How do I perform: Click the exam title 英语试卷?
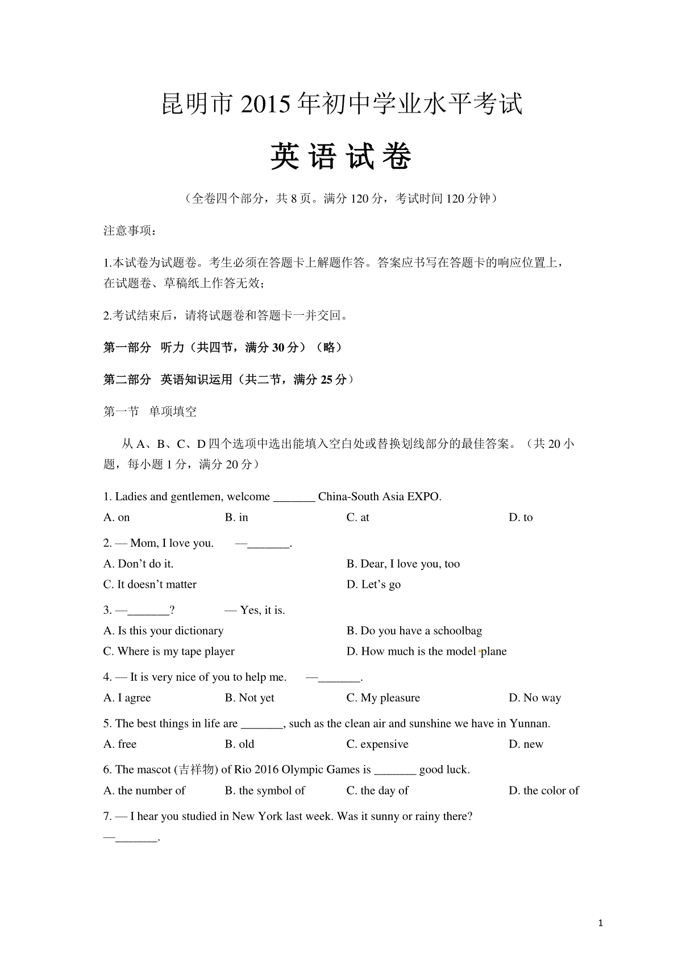coord(340,156)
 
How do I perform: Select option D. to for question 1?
coord(521,517)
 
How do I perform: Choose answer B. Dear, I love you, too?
coord(403,564)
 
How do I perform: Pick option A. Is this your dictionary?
coord(163,631)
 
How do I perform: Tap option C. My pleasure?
coord(383,698)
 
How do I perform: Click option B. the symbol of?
coord(265,791)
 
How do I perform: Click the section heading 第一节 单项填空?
coord(150,411)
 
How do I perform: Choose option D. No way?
coord(535,698)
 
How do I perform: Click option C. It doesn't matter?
coord(150,585)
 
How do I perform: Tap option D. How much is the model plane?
coord(426,651)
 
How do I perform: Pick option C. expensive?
coord(377,744)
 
